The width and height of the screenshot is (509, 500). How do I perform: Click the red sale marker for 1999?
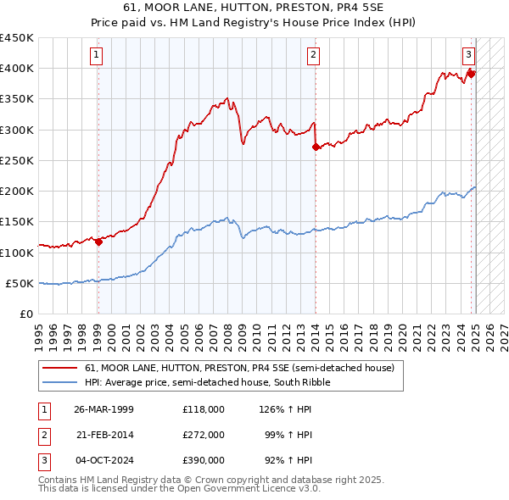(x=98, y=242)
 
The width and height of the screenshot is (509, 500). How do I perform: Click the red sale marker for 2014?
(x=316, y=147)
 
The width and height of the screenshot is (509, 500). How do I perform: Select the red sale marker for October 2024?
(x=471, y=74)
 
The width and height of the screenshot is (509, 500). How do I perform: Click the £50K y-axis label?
(x=20, y=283)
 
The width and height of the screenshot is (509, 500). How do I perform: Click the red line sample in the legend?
(x=59, y=369)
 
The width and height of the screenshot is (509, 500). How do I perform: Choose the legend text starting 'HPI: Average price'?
(x=207, y=382)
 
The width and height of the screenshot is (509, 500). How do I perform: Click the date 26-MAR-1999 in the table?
(x=103, y=409)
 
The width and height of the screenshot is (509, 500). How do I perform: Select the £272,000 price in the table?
(x=204, y=435)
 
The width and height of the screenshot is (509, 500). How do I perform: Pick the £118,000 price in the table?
(x=204, y=409)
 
